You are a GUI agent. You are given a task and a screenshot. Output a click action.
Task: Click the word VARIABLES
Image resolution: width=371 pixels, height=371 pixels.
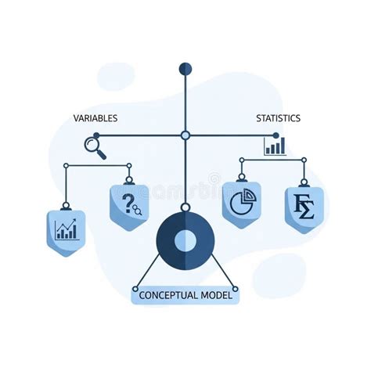pos(95,118)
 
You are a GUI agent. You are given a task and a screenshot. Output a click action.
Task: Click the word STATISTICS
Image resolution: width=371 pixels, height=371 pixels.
pos(278,118)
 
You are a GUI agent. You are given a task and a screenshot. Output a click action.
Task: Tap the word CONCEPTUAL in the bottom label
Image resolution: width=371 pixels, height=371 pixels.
pos(168,295)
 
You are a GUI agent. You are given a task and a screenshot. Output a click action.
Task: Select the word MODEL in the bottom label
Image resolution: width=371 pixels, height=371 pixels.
pos(216,295)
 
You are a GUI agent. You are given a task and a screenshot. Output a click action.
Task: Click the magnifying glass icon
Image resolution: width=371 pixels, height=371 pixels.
pos(95,148)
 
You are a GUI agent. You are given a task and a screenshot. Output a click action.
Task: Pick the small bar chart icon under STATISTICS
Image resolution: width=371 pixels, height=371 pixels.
pos(275,146)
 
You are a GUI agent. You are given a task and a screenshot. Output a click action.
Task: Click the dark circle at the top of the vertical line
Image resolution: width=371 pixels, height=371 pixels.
pos(185,69)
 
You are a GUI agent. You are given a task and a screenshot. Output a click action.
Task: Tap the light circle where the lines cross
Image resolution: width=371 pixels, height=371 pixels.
pos(185,135)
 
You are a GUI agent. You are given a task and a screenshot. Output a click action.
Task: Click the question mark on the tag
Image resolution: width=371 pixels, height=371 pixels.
pos(128,204)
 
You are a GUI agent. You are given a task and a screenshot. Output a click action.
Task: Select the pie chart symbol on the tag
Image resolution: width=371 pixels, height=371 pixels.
pos(243,202)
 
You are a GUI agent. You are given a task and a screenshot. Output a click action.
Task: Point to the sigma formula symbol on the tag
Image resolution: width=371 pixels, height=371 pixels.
pos(304,207)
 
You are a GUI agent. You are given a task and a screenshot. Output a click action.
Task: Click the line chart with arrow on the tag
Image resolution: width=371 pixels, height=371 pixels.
pos(67,229)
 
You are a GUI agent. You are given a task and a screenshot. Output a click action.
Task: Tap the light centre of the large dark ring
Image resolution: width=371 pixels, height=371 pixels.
pos(185,240)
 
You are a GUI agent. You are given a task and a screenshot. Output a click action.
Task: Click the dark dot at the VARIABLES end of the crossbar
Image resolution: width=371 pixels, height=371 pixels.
pos(96,135)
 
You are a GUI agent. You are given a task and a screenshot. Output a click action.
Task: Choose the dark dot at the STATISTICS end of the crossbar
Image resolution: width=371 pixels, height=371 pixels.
pos(276,135)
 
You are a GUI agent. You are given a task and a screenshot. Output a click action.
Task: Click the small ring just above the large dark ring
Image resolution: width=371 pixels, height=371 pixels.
pos(185,207)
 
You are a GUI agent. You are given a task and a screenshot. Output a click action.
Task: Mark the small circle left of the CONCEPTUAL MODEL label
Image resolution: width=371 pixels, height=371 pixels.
pos(135,289)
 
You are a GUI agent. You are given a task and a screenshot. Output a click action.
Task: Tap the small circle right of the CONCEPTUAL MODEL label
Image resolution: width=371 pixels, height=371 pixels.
pos(235,289)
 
